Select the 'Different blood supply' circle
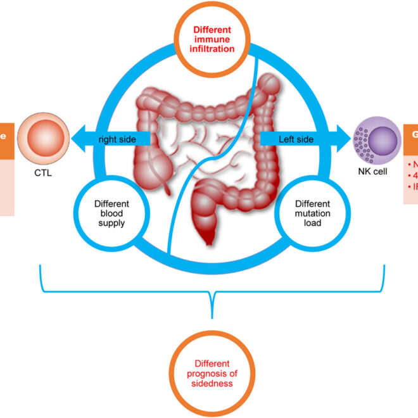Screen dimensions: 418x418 [111, 213]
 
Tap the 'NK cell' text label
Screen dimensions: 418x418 [377, 172]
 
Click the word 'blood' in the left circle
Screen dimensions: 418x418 [111, 213]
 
